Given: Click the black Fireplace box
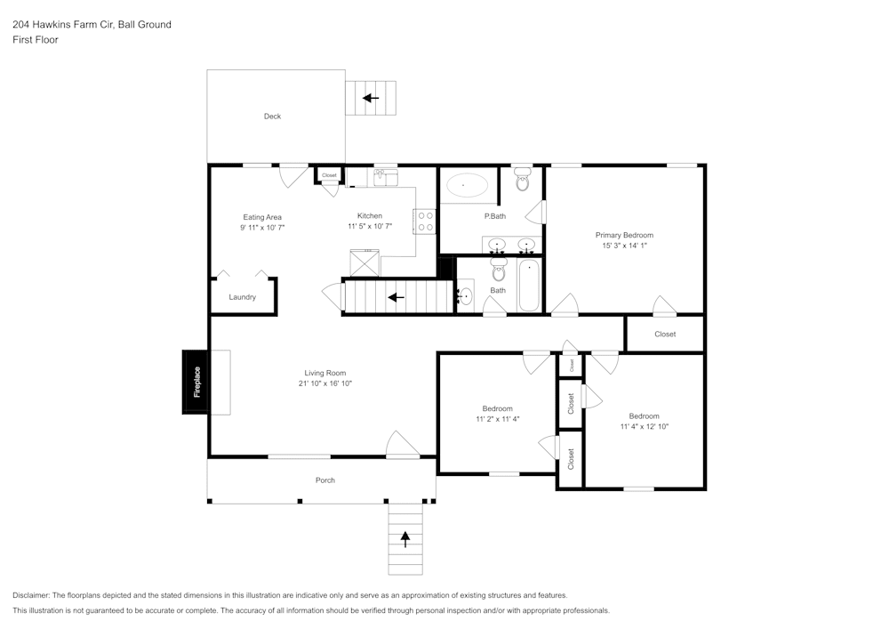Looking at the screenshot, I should [x=196, y=382].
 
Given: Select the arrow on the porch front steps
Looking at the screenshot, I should [x=406, y=537].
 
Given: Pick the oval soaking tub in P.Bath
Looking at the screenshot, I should [x=466, y=186].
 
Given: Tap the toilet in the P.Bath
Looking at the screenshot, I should [x=522, y=181].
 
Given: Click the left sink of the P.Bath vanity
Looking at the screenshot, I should [x=499, y=245].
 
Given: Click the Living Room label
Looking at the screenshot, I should [x=325, y=373].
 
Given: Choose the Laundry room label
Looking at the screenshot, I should [x=242, y=297].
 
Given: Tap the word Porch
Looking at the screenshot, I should [x=325, y=480].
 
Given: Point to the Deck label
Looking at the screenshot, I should [x=272, y=117].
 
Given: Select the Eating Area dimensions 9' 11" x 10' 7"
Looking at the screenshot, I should [x=262, y=228].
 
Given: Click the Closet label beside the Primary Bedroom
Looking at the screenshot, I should [x=665, y=335].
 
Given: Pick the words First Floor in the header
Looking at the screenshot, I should [x=36, y=40].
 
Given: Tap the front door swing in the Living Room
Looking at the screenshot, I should [x=402, y=445].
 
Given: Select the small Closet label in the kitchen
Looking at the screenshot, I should [x=329, y=175].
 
